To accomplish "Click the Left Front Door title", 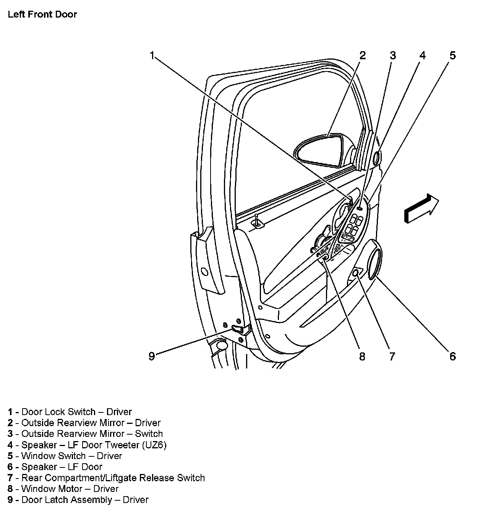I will [42, 15].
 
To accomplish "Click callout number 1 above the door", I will [152, 56].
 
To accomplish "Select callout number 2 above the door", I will [362, 56].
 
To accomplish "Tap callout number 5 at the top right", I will [452, 56].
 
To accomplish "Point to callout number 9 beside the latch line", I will [152, 356].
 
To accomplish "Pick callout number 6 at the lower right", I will [452, 356].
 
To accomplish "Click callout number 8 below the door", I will [362, 356].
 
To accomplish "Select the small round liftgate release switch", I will [355, 273].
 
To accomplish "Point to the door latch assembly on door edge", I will [238, 329].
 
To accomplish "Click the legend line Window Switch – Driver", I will [71, 456].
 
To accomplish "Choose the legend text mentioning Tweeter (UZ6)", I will [94, 445].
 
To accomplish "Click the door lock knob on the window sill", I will [258, 222].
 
